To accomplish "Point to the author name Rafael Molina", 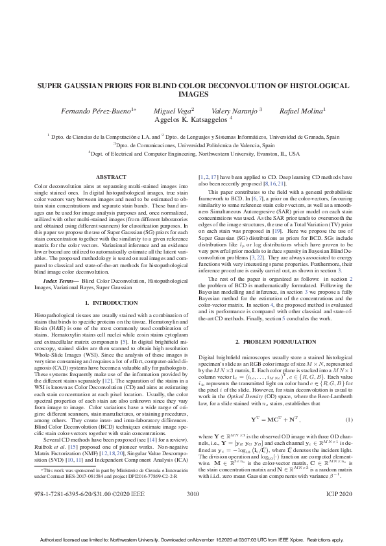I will click(x=302, y=111).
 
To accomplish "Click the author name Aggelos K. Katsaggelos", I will click(x=193, y=119).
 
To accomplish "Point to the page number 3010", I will click(x=193, y=512).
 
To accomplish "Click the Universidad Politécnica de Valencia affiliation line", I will click(x=193, y=146).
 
